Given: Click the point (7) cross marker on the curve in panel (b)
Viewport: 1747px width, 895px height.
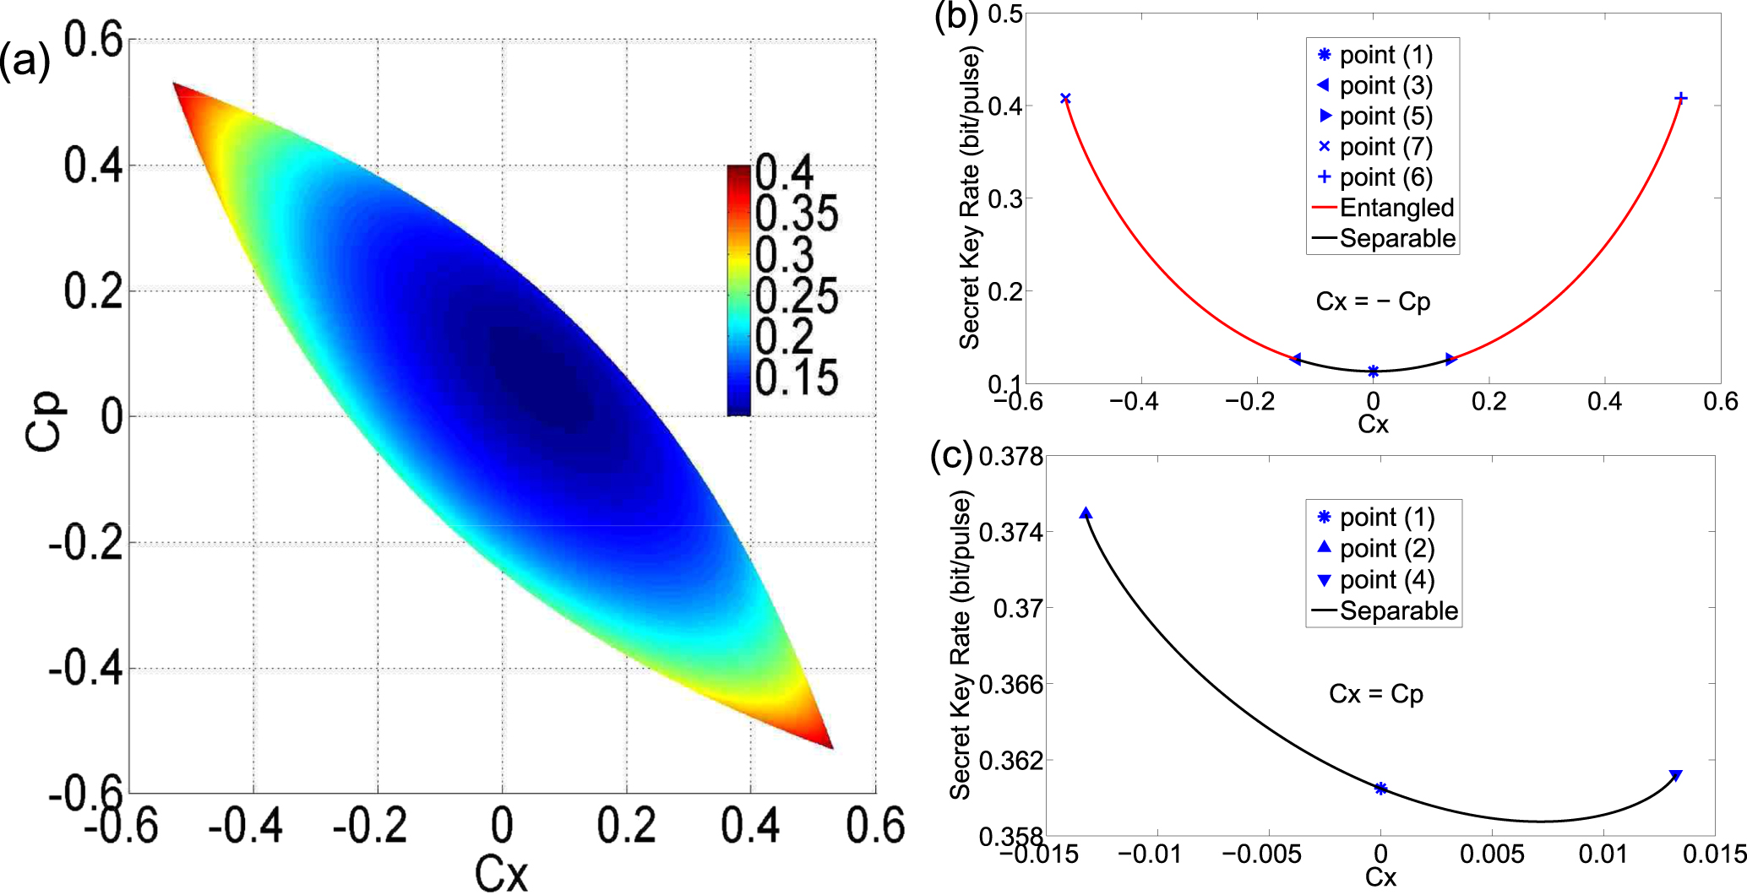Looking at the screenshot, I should (1065, 99).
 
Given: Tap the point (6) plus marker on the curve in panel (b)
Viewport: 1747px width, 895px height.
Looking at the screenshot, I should (1681, 98).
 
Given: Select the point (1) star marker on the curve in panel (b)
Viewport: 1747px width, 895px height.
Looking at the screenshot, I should (1374, 372).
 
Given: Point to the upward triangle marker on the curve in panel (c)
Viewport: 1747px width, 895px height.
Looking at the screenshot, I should (1086, 513).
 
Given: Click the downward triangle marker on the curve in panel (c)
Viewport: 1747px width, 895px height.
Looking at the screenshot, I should (1676, 776).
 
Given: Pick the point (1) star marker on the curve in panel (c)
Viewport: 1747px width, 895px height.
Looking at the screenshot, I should (1380, 789).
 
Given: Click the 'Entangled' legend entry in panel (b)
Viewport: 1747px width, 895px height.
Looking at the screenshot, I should (1396, 208).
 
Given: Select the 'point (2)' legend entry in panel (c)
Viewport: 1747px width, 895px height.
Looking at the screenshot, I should (1387, 549).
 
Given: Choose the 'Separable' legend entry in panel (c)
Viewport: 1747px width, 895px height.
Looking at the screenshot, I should (1398, 610).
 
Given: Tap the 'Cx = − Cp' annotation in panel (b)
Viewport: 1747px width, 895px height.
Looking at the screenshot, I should (1373, 302).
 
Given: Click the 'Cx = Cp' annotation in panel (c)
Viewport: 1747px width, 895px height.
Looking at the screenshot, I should (1376, 694).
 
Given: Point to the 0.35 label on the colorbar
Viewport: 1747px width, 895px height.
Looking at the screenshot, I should (796, 213).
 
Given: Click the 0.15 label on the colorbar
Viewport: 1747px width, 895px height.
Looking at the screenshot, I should (796, 377).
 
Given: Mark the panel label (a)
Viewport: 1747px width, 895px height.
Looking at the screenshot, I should (24, 61).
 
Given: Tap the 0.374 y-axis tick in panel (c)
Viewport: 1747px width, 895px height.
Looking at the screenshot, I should (1010, 533).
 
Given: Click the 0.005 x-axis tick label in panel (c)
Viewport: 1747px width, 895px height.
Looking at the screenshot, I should (1492, 854).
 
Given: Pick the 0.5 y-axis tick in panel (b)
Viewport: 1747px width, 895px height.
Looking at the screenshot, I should (1005, 14).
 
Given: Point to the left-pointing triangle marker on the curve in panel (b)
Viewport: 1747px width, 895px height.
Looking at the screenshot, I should (1296, 360).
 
